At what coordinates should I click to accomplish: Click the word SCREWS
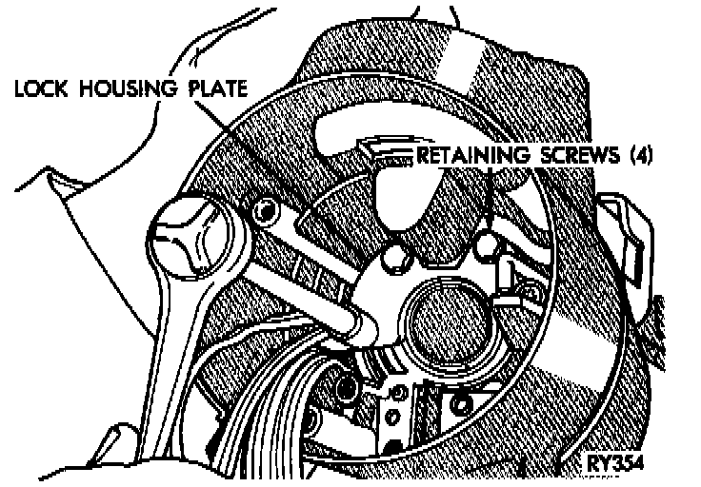coord(572,154)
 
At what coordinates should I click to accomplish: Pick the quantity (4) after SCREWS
coord(639,154)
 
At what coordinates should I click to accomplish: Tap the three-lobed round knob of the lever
coord(191,236)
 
